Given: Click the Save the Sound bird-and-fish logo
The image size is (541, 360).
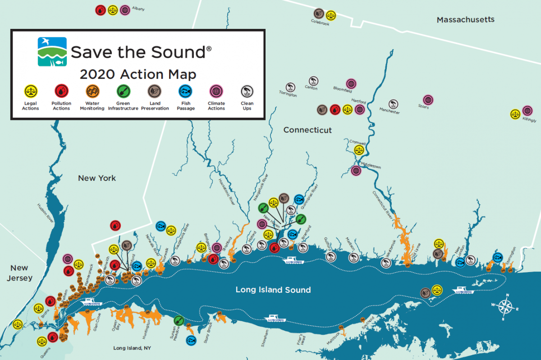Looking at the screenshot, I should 52,52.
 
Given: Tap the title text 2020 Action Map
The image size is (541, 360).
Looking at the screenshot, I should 138,74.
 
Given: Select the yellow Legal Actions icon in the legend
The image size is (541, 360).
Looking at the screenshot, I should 31,92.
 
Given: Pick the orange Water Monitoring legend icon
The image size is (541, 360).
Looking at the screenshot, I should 92,92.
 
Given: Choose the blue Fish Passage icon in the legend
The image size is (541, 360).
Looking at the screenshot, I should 185,92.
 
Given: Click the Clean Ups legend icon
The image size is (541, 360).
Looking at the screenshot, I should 247,92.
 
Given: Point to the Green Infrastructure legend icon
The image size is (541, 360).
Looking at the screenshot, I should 124,92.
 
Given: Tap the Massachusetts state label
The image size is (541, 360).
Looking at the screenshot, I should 465,20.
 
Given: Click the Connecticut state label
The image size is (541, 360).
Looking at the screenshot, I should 307,130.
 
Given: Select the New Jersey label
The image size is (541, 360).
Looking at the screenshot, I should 20,273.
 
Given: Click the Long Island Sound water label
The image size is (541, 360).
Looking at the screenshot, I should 273,290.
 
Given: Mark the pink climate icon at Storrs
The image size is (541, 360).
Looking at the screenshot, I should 428,99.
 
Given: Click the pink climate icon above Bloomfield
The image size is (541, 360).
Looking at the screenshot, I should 351,83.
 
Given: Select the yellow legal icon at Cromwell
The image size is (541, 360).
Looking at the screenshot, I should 359,150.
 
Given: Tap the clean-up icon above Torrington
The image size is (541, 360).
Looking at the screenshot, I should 290,87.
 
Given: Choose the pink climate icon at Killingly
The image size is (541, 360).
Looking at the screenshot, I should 527,110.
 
